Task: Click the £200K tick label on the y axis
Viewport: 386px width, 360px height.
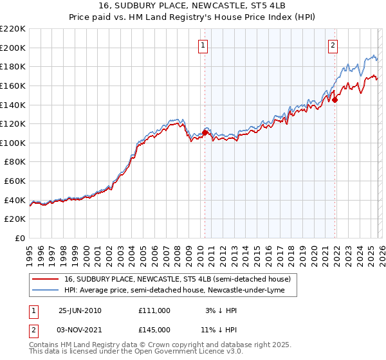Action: pos(13,48)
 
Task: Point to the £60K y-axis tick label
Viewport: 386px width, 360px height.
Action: pos(15,181)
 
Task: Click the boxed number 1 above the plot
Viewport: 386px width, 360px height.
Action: pos(203,45)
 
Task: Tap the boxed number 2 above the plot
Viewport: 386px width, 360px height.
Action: pos(333,45)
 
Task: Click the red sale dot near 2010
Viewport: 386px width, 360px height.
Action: pos(205,132)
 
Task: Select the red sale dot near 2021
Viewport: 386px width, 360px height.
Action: pos(335,100)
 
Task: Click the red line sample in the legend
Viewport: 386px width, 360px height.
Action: pos(46,280)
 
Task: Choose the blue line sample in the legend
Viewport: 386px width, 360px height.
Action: pos(46,291)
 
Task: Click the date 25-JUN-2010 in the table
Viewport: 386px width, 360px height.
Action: pos(80,310)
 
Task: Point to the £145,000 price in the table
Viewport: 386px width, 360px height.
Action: pos(154,330)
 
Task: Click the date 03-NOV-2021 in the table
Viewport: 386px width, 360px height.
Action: pos(80,330)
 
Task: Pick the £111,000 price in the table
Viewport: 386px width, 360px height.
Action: pos(154,310)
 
